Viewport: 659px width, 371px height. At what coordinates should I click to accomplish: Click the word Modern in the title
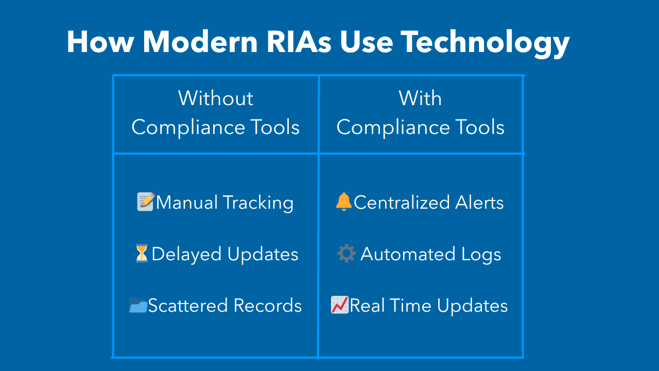pos(200,42)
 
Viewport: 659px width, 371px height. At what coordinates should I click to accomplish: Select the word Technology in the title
pos(485,44)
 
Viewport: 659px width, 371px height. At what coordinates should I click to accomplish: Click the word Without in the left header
pos(216,98)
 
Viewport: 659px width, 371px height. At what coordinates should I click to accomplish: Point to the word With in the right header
pos(420,98)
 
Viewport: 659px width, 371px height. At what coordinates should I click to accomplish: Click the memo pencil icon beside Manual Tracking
pos(146,201)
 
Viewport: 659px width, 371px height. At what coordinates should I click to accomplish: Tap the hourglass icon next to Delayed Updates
pos(142,253)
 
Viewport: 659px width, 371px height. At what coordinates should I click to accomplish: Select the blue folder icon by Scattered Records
pos(138,305)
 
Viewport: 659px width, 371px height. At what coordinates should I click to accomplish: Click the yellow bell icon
pos(343,201)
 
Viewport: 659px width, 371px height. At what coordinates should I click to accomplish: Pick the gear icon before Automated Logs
pos(346,253)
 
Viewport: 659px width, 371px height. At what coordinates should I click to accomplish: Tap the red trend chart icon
pos(340,305)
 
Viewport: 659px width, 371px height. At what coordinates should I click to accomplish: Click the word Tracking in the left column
pos(258,204)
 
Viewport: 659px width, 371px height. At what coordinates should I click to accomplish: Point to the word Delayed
pos(186,255)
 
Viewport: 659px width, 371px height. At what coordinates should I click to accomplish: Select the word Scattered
pos(188,306)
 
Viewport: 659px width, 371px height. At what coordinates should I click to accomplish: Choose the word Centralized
pos(402,203)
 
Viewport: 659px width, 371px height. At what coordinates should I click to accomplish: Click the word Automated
pos(408,254)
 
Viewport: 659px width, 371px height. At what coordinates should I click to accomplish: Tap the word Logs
pos(481,255)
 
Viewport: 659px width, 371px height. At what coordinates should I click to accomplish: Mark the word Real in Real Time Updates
pos(367,306)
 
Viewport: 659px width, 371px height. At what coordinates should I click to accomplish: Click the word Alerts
pos(479,203)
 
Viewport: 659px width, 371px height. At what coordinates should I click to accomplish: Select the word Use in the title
pos(367,42)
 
